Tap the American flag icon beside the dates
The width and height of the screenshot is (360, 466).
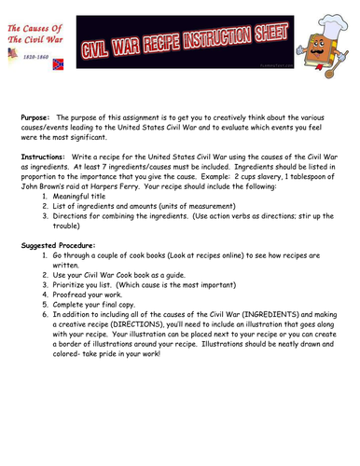click(11, 56)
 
